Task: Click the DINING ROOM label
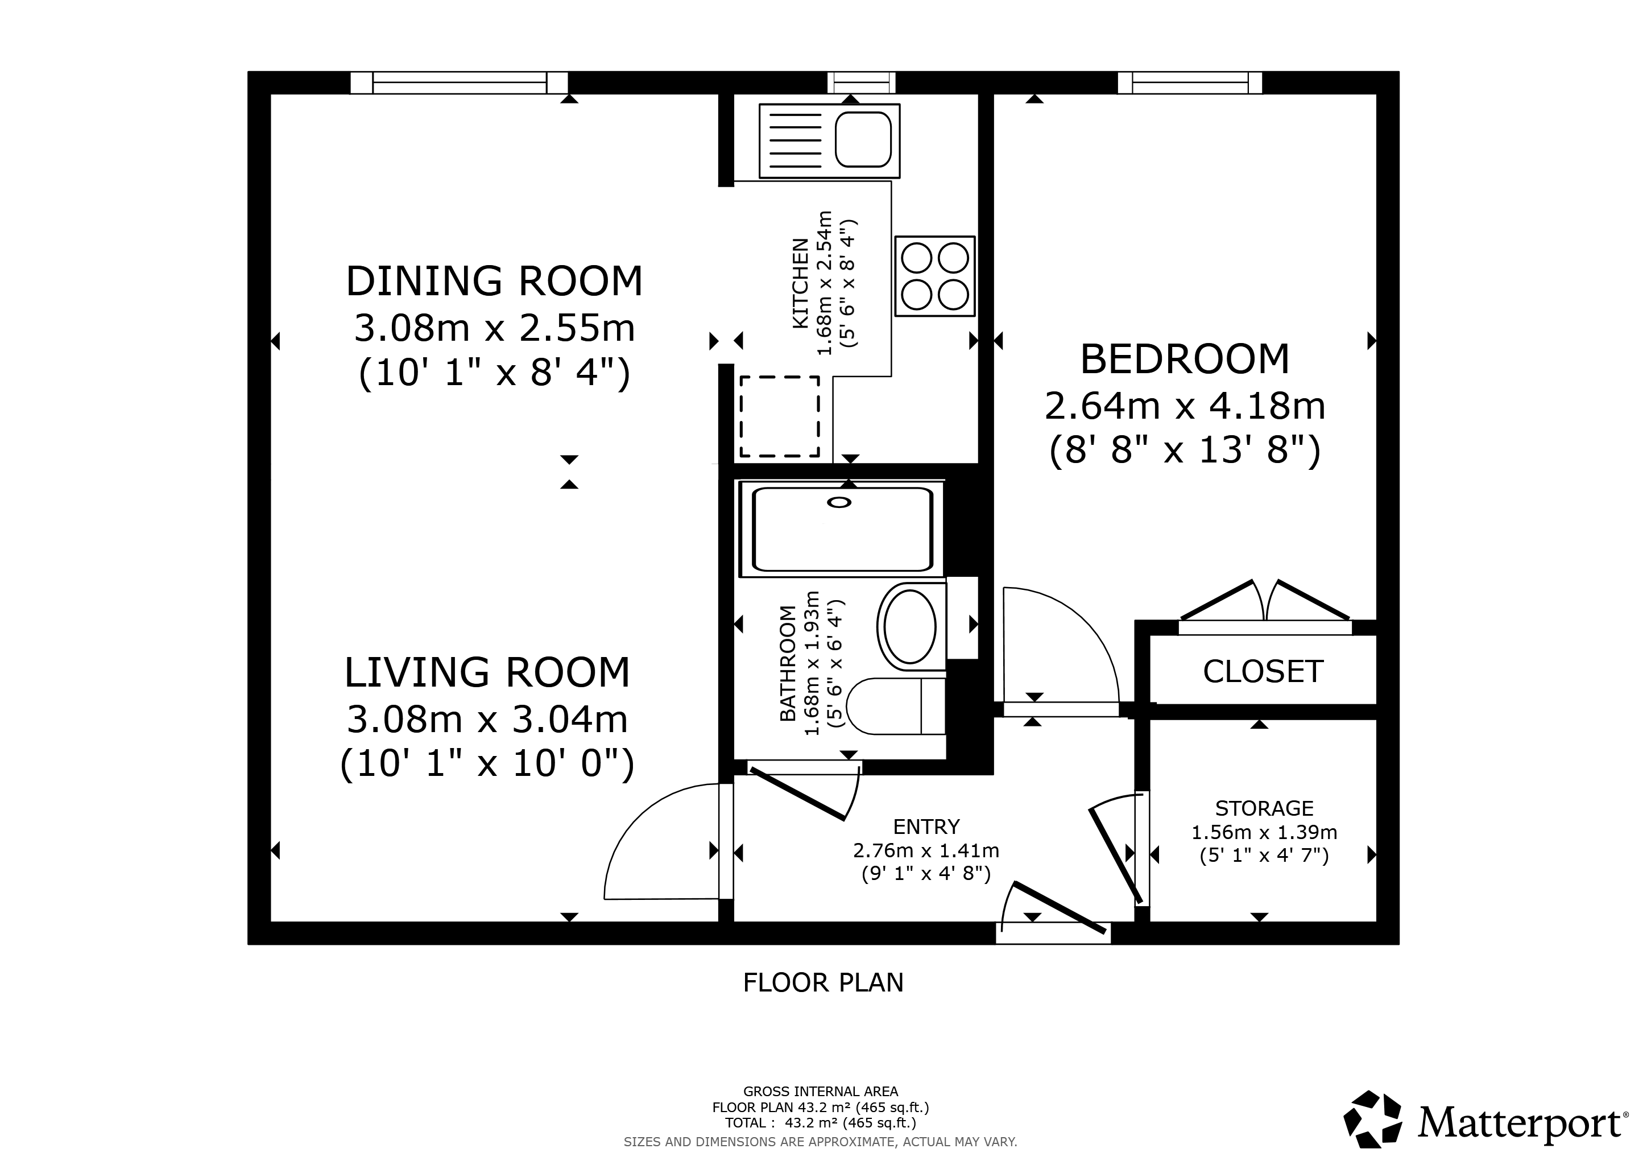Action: click(x=494, y=280)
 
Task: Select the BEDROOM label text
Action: click(x=1185, y=360)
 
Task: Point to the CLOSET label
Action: click(x=1263, y=671)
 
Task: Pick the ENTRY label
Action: click(x=926, y=827)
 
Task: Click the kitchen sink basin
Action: click(x=864, y=139)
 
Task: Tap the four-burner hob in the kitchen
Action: click(x=935, y=276)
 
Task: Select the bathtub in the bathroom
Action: click(x=842, y=528)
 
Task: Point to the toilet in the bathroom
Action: click(x=896, y=706)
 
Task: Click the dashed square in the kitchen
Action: click(x=780, y=417)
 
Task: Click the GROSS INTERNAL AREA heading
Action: click(x=821, y=1091)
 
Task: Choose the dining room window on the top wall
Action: click(x=459, y=82)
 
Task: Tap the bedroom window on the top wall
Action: click(x=1190, y=82)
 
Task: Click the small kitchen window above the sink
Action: click(x=862, y=82)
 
